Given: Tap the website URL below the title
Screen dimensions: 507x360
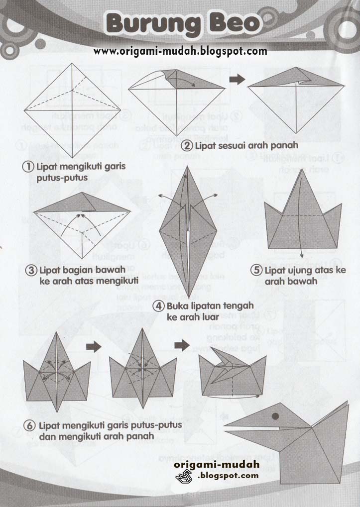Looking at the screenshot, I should (180, 51).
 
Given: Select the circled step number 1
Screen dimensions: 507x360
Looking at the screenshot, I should (29, 167).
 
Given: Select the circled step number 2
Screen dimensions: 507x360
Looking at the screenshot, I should (187, 146).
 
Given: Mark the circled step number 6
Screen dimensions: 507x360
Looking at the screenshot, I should (30, 426).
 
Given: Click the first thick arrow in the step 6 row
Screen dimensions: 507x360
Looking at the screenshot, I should (93, 346).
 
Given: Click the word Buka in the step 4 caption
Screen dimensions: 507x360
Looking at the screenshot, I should (179, 305).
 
